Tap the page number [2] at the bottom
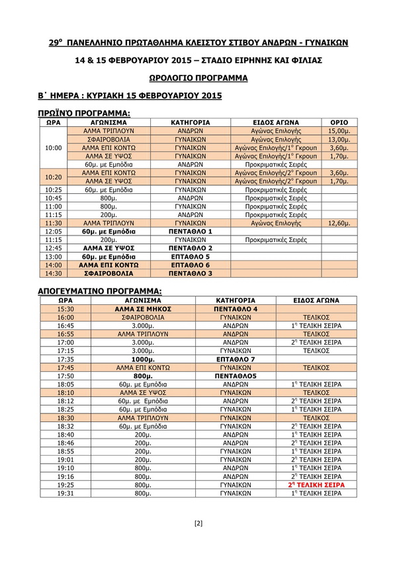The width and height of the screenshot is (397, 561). point(198,524)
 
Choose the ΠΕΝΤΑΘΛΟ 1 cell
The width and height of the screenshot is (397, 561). point(191,232)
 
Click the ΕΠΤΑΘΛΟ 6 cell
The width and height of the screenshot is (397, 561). point(191,264)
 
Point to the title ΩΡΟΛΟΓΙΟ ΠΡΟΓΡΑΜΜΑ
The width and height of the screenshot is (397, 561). point(198,78)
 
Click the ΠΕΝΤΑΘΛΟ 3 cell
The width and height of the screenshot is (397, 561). point(191,273)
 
